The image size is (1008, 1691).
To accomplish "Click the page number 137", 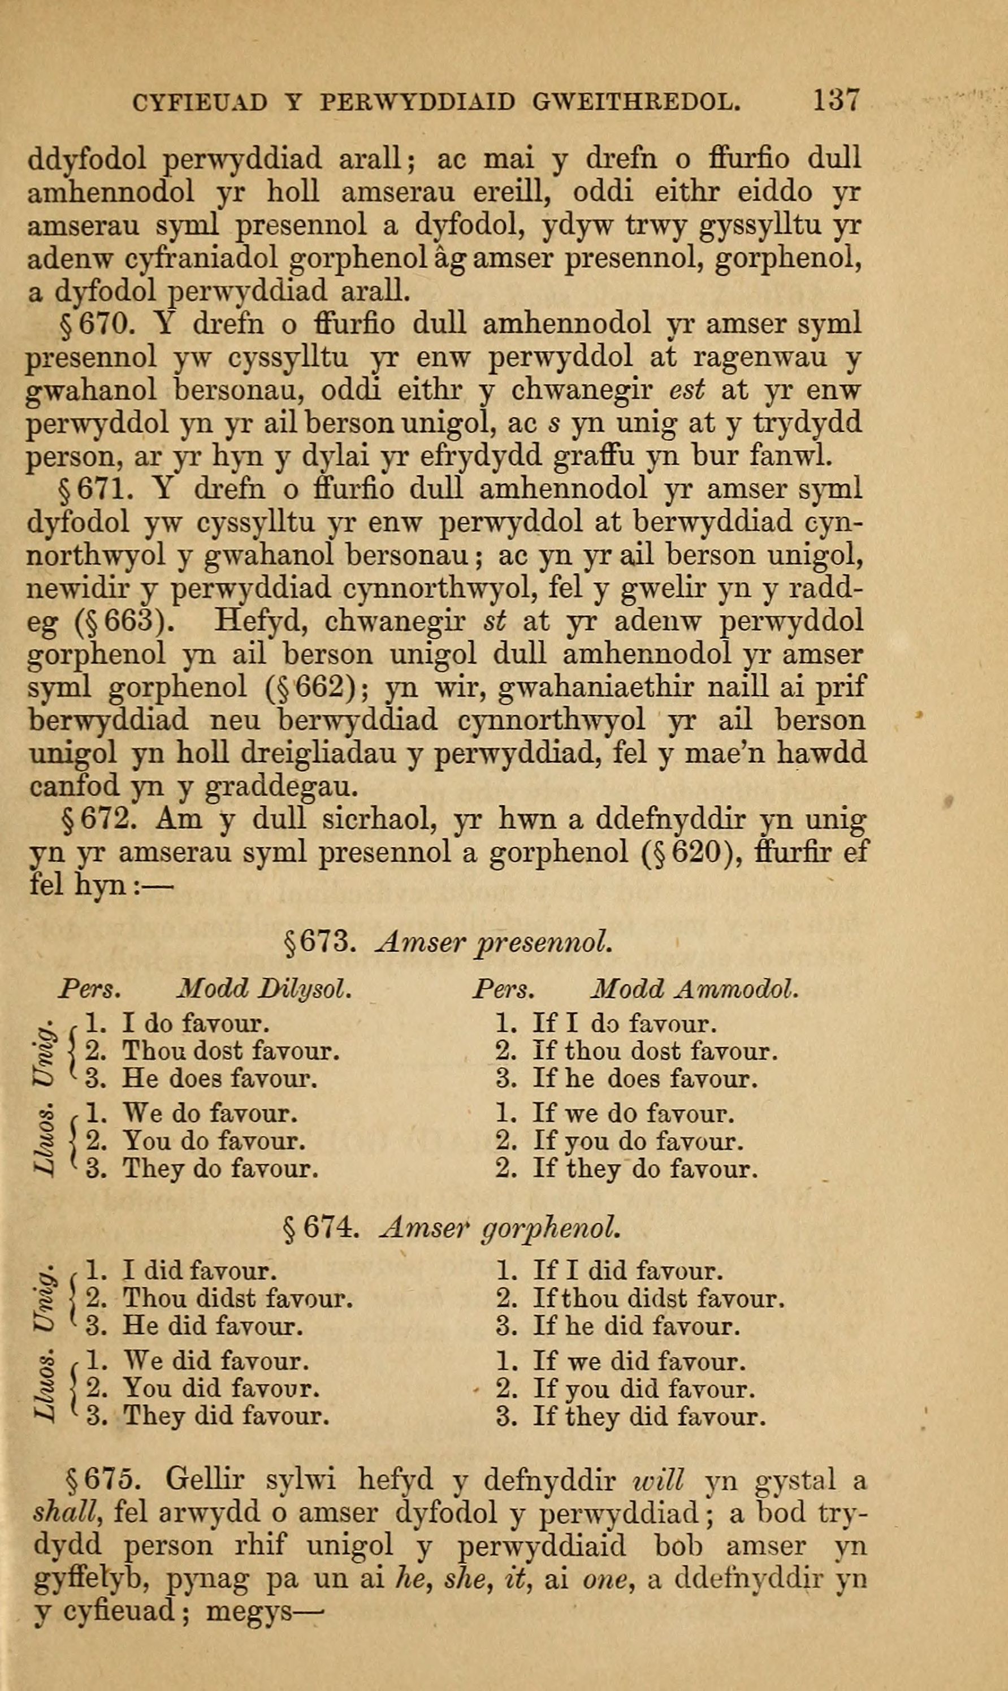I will [x=836, y=101].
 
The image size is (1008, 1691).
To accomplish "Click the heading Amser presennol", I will [x=495, y=942].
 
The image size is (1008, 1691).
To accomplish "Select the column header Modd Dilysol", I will [x=263, y=989].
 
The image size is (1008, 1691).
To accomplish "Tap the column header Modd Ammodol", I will [x=694, y=989].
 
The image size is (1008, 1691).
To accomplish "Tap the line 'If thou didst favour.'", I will [x=659, y=1299].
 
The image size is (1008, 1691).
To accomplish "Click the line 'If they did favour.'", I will [x=650, y=1417].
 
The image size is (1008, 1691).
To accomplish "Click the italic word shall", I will [x=66, y=1512].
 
